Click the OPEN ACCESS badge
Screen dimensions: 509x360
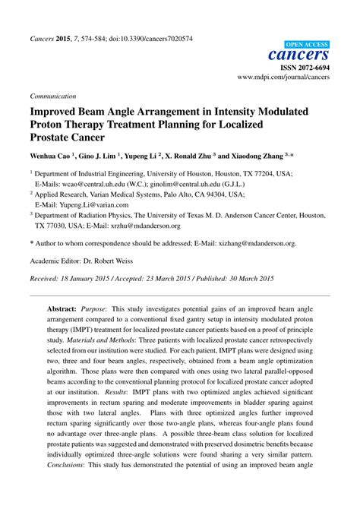[x=308, y=45]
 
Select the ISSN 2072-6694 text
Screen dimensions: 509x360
[x=302, y=67]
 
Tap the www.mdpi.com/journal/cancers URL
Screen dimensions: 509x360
[x=283, y=77]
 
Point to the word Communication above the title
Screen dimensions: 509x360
[x=53, y=96]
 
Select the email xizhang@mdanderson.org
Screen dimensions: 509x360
[x=252, y=244]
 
